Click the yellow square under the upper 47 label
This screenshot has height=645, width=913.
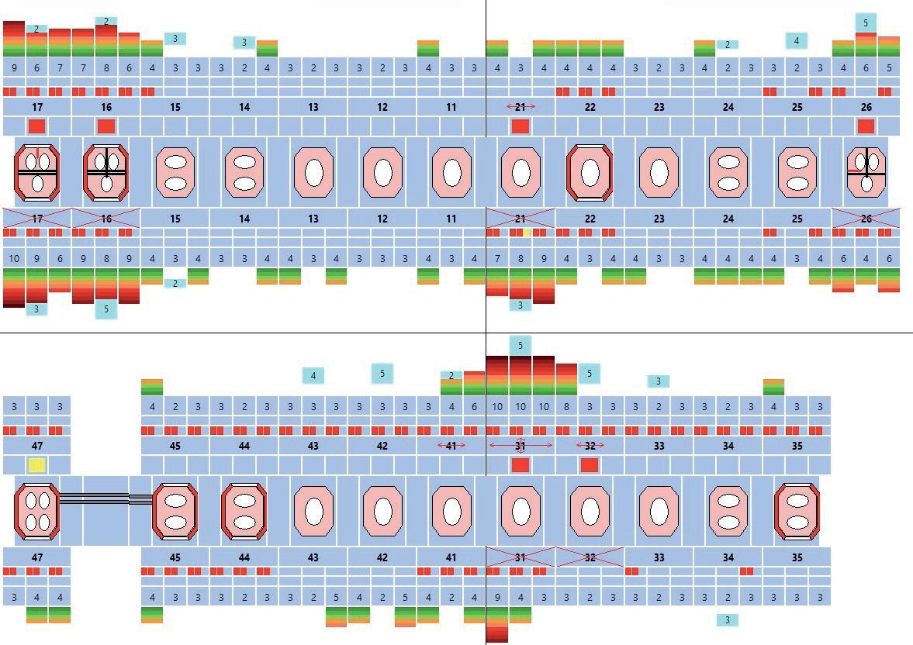[36, 465]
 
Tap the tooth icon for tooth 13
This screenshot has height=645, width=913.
[313, 172]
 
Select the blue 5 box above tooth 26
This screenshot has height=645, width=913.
[866, 23]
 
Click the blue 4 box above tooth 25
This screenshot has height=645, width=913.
[796, 40]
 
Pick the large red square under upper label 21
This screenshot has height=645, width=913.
[520, 126]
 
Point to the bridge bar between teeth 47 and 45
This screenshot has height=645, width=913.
[105, 499]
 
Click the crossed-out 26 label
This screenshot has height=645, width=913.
[866, 219]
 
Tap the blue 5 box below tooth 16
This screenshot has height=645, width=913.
[106, 309]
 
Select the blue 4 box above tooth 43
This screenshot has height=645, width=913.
[313, 376]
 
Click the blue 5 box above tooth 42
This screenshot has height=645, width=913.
[382, 374]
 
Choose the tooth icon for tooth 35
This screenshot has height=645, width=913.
[797, 511]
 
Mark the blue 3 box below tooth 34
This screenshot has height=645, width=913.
[727, 620]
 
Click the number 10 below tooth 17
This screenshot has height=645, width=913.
[14, 257]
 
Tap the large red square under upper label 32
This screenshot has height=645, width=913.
[590, 465]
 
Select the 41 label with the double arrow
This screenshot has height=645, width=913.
[451, 446]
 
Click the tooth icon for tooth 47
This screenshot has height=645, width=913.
[36, 511]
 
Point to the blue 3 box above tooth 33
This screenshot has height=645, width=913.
[658, 381]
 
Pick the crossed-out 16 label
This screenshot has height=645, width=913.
[106, 219]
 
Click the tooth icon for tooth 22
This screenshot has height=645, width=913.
[590, 172]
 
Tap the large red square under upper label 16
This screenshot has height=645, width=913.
[106, 126]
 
